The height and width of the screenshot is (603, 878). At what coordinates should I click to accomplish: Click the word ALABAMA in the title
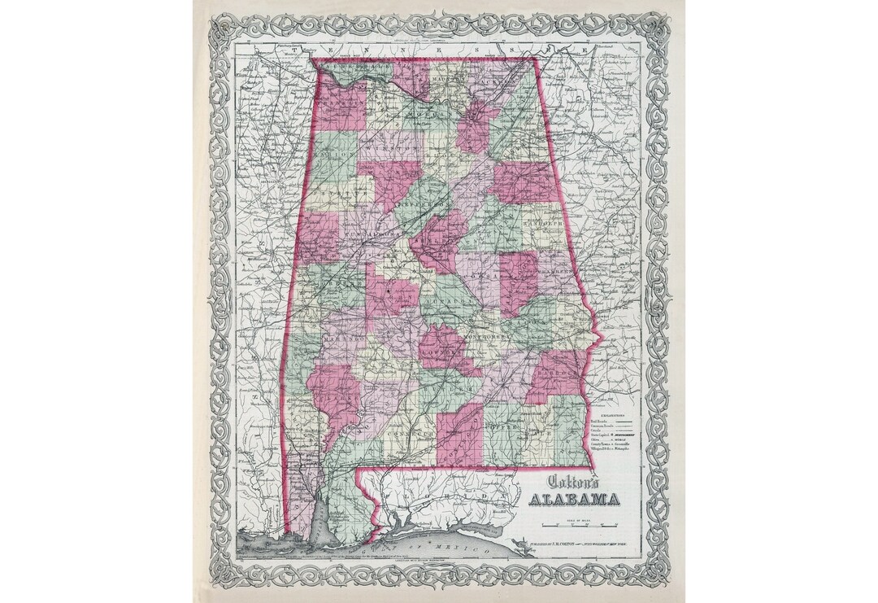(x=573, y=499)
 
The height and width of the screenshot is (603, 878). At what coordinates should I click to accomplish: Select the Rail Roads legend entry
(x=598, y=422)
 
